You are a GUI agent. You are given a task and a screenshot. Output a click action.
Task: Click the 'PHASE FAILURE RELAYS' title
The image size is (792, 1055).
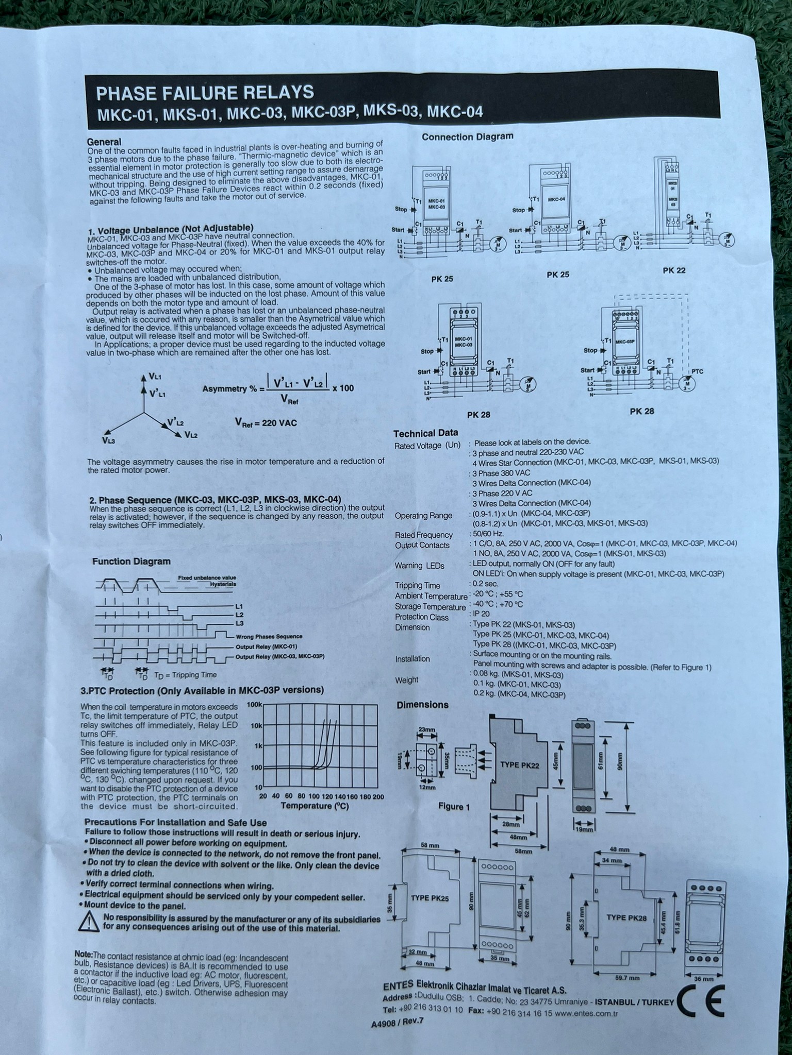pos(205,93)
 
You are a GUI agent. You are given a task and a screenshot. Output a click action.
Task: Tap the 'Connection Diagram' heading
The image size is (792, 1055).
pos(467,137)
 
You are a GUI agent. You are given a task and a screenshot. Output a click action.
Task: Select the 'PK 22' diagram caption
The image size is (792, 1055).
pos(674,270)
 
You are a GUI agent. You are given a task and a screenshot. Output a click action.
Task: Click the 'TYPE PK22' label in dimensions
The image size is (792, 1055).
pos(519,765)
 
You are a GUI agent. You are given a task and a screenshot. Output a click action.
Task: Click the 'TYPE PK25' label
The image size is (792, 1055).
pos(430,898)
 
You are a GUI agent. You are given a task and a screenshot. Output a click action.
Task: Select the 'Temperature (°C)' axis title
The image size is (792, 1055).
pos(315,805)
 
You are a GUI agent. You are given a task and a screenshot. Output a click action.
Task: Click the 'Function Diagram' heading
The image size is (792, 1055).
pos(131,561)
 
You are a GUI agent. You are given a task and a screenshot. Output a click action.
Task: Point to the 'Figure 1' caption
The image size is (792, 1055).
pos(454,806)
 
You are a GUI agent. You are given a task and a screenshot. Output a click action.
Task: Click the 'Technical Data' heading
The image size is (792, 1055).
pos(425,433)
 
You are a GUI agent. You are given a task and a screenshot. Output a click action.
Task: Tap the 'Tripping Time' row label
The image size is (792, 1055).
pos(417,586)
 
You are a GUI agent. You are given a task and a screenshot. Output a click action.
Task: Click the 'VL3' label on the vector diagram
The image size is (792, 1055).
pos(108,441)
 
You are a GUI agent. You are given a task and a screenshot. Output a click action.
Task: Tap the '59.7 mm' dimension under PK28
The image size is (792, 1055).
pos(626,978)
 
